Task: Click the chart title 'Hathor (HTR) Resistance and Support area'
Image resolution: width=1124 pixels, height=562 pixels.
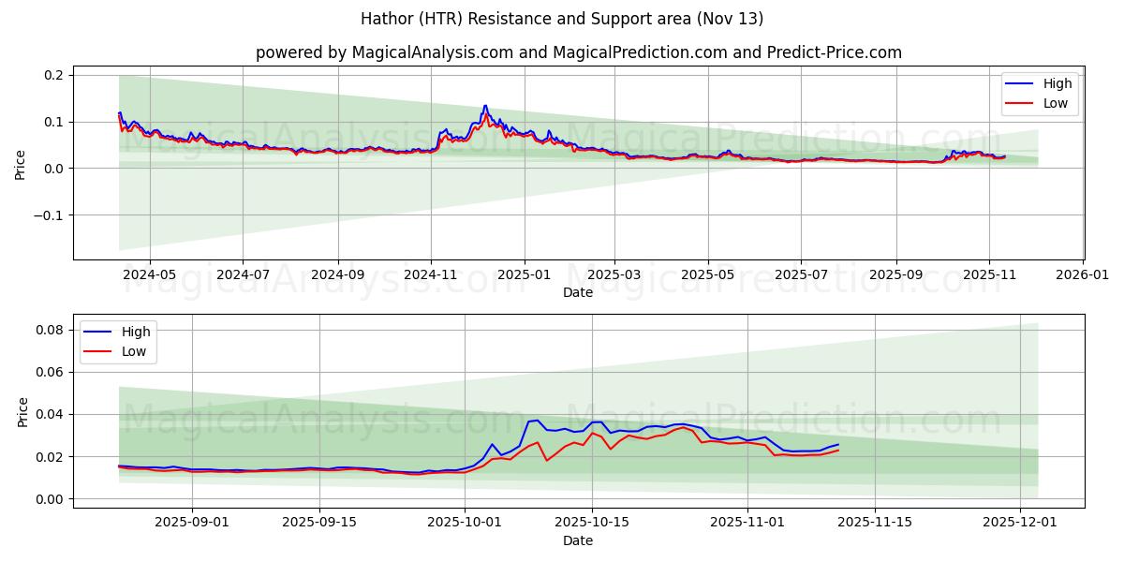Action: (x=562, y=19)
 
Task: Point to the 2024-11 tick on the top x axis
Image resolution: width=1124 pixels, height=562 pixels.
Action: (x=431, y=275)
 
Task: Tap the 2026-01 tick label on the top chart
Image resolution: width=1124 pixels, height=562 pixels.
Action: (x=1083, y=275)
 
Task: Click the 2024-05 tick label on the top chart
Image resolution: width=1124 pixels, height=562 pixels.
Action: (x=149, y=275)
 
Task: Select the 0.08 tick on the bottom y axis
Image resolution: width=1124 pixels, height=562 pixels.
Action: (x=51, y=330)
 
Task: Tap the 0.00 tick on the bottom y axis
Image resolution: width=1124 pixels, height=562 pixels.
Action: (x=51, y=499)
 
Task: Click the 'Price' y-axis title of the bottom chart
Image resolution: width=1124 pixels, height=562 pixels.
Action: (x=23, y=411)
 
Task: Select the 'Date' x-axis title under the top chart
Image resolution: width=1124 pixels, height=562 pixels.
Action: (x=578, y=292)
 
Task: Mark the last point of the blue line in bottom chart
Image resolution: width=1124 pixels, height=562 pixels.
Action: (x=838, y=445)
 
